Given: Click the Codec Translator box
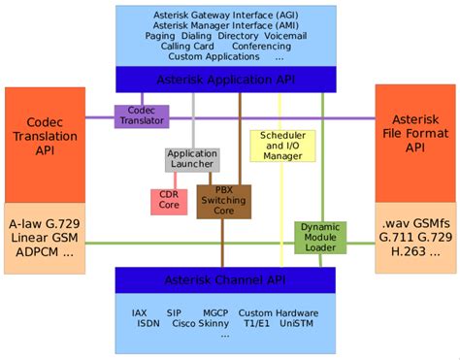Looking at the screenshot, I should pos(142,116).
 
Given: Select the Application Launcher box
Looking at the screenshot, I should pos(191,159).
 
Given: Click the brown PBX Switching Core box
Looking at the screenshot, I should pos(224,201).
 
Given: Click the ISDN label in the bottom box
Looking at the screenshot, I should pos(149,324).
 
